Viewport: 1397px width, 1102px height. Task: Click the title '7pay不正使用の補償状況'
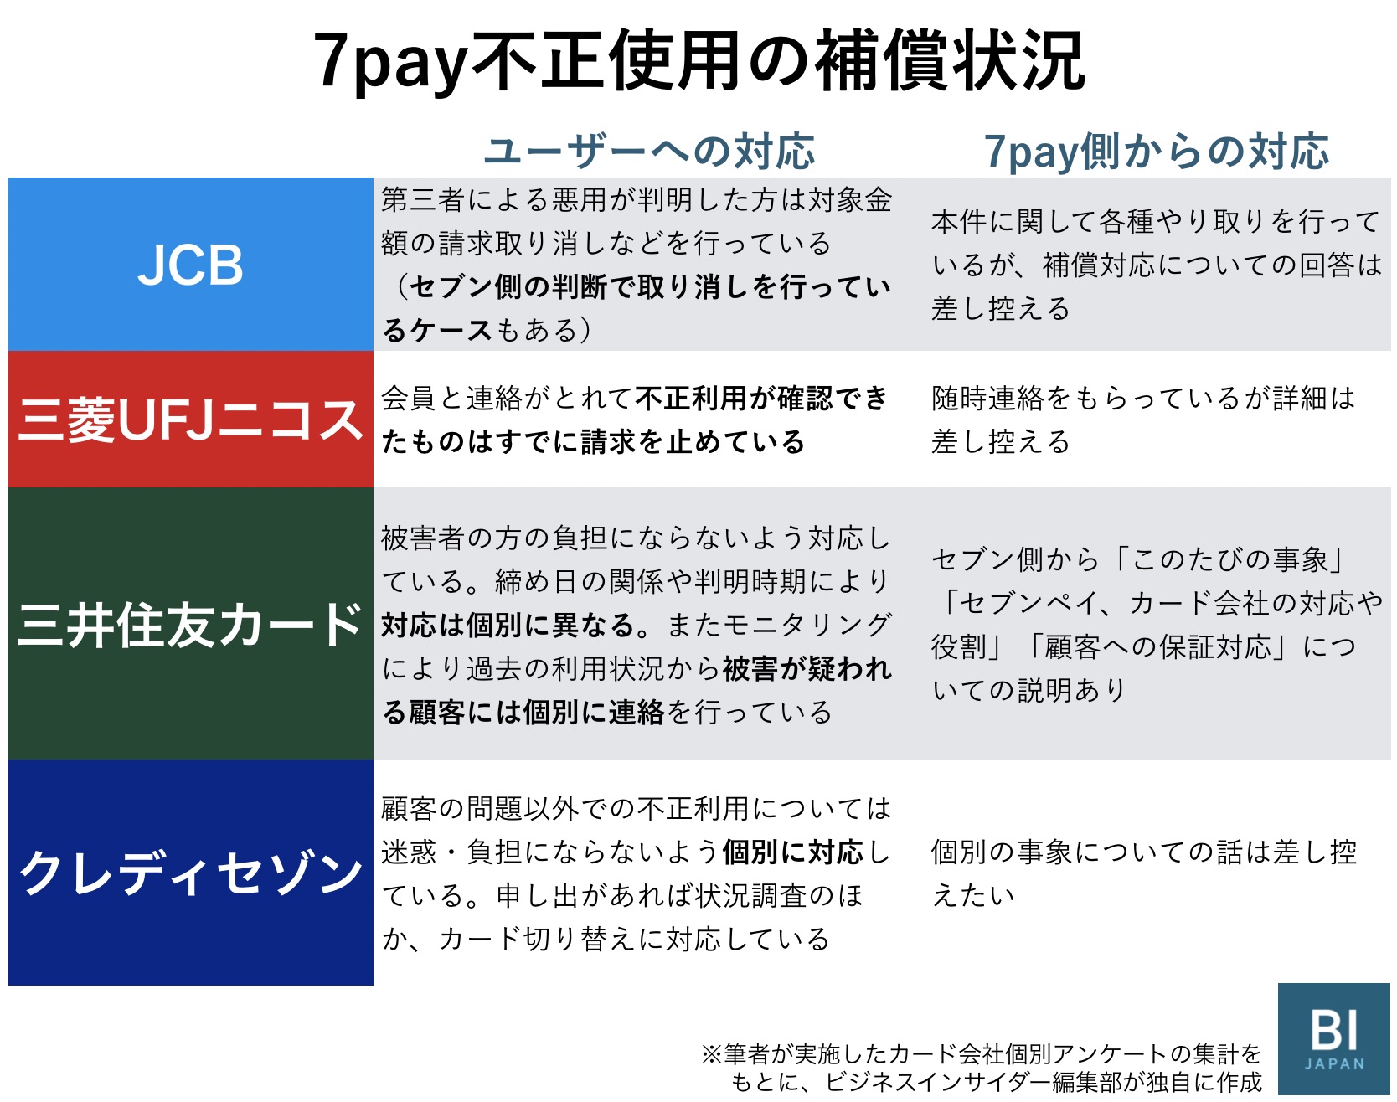[x=698, y=60]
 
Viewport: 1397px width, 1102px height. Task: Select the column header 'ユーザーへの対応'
[x=649, y=152]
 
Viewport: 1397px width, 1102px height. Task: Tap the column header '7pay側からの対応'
[x=1156, y=152]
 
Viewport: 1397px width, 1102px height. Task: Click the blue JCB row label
[x=191, y=265]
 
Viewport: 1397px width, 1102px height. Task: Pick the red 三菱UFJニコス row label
[x=191, y=420]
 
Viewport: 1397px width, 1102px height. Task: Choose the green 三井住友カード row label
[x=191, y=624]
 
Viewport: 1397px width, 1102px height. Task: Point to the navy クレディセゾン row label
[x=191, y=873]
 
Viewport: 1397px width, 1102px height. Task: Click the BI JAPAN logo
[x=1334, y=1039]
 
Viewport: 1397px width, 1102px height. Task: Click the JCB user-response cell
[x=637, y=265]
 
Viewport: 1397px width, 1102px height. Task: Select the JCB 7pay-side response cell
[x=1156, y=265]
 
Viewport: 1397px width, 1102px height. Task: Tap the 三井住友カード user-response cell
[x=637, y=624]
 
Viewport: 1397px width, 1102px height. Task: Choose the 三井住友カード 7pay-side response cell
[x=1156, y=624]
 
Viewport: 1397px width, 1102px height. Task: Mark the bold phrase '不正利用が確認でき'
[x=761, y=399]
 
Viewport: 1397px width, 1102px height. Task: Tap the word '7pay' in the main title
[x=390, y=62]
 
